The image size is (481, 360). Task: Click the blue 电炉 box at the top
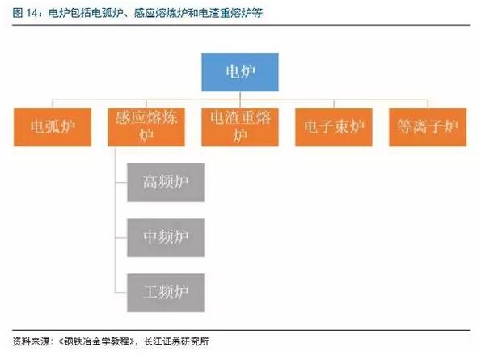[240, 72]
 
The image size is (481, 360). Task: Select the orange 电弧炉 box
[53, 127]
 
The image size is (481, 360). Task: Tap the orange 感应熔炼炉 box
[146, 127]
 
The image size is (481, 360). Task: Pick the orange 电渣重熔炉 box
[240, 127]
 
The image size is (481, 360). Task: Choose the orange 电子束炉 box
[334, 127]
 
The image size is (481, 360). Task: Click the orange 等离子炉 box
[428, 127]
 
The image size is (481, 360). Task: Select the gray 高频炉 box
[166, 183]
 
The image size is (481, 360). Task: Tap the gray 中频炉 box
[166, 238]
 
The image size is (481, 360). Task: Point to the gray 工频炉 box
[166, 293]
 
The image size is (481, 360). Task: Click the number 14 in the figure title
[32, 13]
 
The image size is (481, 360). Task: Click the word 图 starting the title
[18, 13]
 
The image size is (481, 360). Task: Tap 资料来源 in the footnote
[31, 341]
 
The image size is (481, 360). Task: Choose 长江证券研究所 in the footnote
[176, 341]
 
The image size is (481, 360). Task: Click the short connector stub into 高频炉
[121, 183]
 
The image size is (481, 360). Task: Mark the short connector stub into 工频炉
[121, 293]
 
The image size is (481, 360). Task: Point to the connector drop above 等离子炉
[428, 104]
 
